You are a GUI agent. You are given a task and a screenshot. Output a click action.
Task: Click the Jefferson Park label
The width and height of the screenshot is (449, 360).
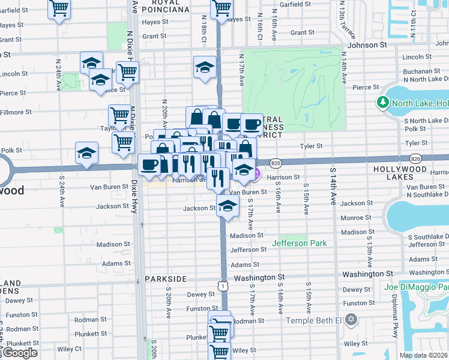coord(299,243)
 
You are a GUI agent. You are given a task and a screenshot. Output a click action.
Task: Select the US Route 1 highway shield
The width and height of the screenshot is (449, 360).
coord(223,287)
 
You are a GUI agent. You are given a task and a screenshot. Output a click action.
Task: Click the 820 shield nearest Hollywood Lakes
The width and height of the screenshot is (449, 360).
coord(415,158)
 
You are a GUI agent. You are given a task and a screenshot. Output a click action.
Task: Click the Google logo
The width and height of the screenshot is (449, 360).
coord(19,353)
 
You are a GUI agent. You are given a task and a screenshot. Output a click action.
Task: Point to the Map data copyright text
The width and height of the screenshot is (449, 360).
coord(423,355)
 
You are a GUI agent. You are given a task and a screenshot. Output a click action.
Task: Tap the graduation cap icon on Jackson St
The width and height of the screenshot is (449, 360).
coord(228,206)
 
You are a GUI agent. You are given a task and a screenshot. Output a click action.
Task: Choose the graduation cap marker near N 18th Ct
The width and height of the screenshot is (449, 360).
coord(205,67)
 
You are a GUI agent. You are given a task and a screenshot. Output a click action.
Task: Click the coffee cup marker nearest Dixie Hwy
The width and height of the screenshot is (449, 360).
coord(149,164)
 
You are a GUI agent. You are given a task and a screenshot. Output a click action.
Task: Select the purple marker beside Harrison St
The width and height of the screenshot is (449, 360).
coord(256,174)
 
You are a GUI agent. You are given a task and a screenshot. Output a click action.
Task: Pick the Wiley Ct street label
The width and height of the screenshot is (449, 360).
coord(69,349)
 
